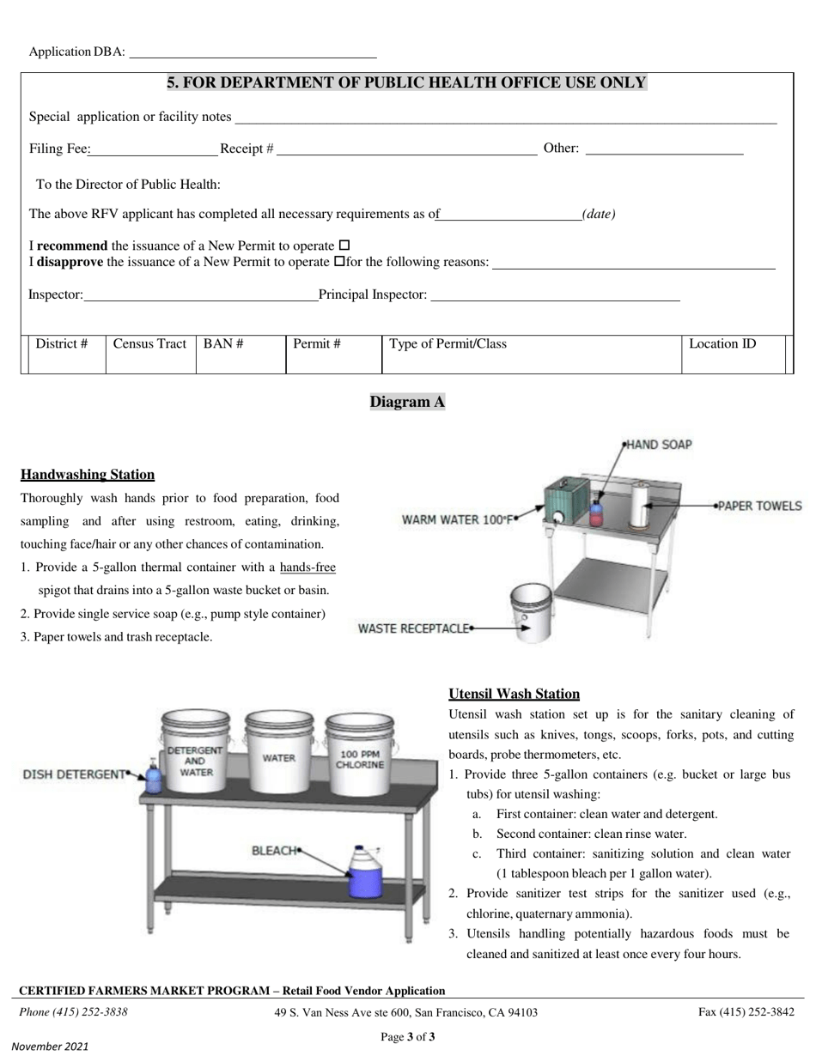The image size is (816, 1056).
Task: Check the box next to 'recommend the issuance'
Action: [x=344, y=246]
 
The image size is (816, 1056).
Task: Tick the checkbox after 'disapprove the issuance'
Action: [x=338, y=262]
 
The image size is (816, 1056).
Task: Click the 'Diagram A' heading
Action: [x=407, y=402]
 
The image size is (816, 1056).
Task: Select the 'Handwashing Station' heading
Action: [x=88, y=475]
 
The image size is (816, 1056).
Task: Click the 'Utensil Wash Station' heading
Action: [x=514, y=694]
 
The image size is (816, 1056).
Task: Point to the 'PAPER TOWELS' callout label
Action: [x=759, y=506]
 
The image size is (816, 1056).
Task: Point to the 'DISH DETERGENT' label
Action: [x=74, y=774]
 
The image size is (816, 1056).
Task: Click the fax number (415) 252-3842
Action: [x=746, y=1012]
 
